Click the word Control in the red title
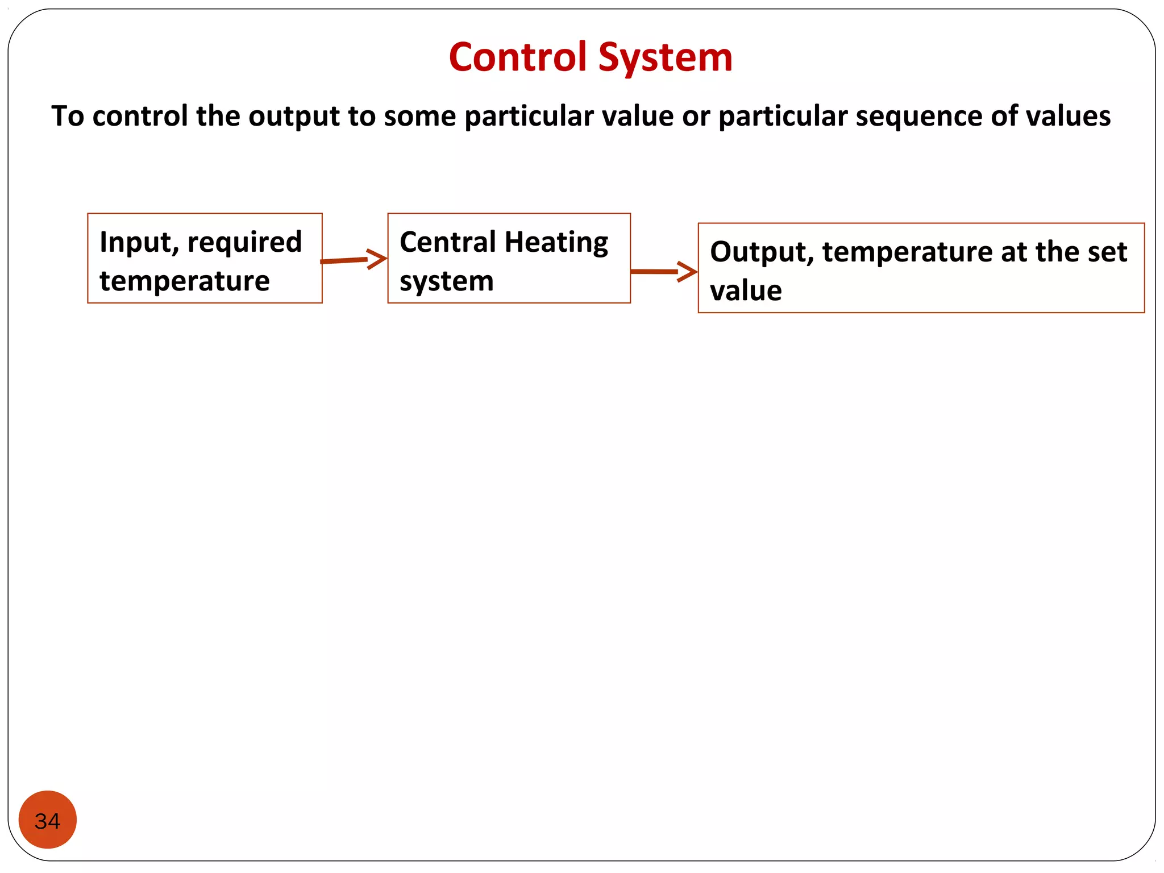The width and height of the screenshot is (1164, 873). pos(517,57)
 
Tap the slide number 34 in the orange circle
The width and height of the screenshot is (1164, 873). pos(47,821)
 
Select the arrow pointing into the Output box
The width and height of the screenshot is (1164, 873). pos(663,272)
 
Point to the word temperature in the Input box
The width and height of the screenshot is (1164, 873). pos(184,281)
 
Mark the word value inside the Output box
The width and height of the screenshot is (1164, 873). pos(746,291)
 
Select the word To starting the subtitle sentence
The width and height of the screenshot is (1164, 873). pos(67,116)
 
